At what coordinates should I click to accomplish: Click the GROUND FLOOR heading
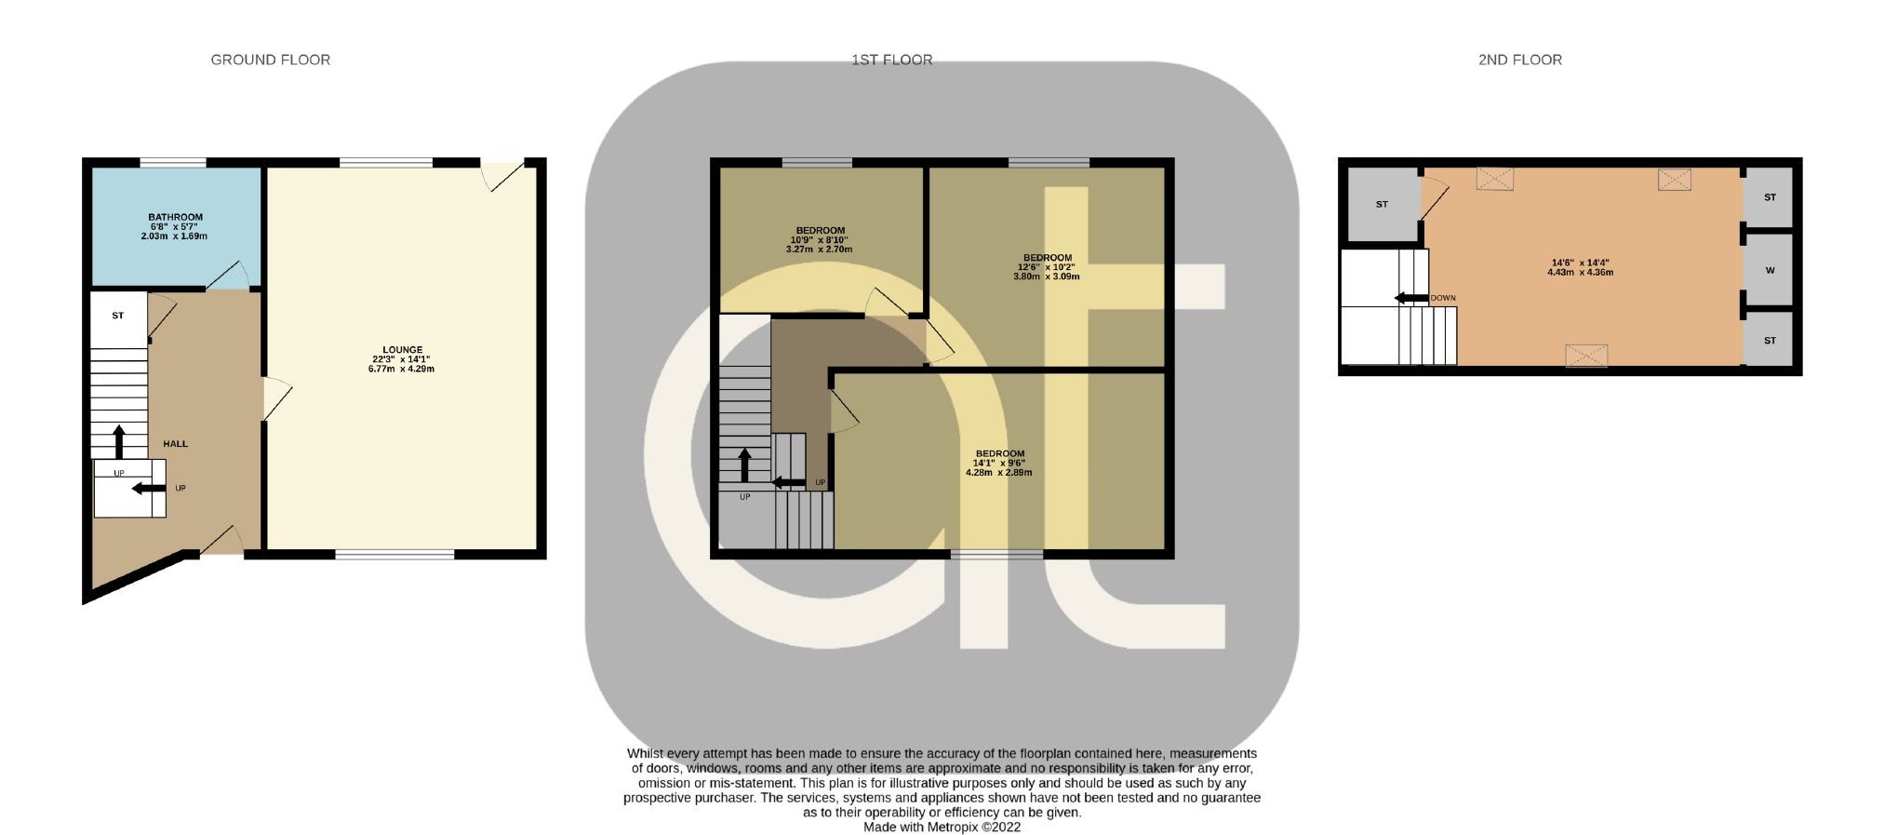point(270,60)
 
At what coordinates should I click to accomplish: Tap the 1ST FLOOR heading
point(891,60)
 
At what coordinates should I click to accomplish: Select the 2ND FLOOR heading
point(1519,60)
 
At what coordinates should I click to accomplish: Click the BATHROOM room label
point(175,218)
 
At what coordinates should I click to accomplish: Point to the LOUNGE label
point(402,350)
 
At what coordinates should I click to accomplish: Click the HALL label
point(175,444)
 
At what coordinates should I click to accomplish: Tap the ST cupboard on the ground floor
point(118,316)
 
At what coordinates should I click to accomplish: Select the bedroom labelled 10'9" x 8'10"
point(820,240)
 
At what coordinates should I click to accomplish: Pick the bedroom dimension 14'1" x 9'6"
point(999,463)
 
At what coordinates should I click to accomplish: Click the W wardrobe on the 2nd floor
point(1770,271)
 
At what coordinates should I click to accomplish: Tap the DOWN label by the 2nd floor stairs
point(1442,298)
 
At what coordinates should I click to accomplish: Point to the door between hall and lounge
point(276,398)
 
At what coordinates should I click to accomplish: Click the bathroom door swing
point(228,276)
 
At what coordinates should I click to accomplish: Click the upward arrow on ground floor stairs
point(119,442)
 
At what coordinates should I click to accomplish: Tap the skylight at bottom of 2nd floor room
point(1585,355)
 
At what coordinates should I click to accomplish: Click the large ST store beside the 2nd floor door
point(1382,205)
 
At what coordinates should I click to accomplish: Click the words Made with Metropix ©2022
point(942,827)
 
